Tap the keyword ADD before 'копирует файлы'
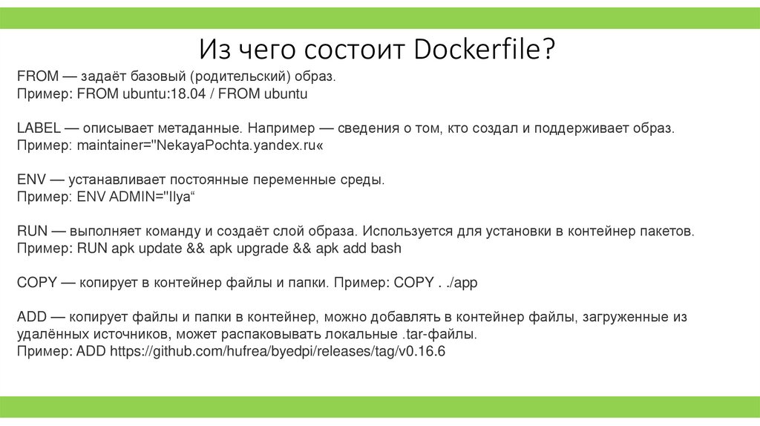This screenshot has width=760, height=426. pos(30,317)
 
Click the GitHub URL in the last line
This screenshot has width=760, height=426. pos(278,351)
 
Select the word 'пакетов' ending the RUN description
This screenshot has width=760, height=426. pos(667,231)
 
